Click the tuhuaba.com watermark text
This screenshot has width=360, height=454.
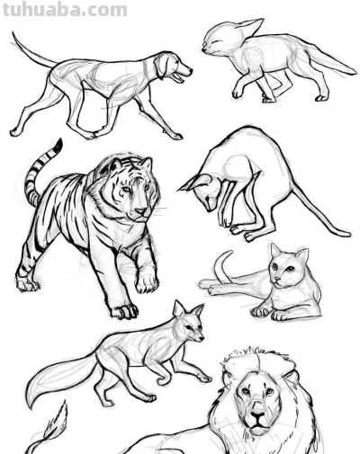point(65,9)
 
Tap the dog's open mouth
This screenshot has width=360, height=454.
point(179,76)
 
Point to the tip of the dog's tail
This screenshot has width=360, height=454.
point(13,33)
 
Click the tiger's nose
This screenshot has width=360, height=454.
point(141,210)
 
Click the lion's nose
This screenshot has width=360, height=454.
point(257,415)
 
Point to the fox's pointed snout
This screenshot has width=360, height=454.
point(199,337)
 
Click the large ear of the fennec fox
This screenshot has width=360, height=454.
point(249,26)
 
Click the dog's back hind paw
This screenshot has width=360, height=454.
point(15,132)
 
